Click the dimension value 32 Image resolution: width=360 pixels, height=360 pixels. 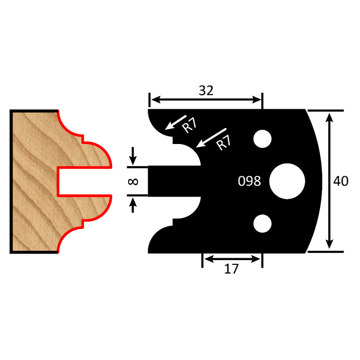tap(206, 91)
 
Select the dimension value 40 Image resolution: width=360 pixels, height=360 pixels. tap(340, 181)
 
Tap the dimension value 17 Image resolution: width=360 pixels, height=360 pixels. tap(232, 268)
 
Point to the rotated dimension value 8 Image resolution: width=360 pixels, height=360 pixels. tap(133, 181)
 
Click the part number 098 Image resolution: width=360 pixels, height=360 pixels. tap(249, 181)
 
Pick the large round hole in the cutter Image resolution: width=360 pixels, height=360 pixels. tap(287, 181)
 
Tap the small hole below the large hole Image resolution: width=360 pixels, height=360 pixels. tap(262, 223)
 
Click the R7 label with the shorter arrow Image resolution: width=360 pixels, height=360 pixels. tap(190, 125)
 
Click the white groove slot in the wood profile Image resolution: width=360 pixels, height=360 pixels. tap(82, 181)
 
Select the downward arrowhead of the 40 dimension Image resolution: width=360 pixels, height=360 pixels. tap(330, 246)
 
